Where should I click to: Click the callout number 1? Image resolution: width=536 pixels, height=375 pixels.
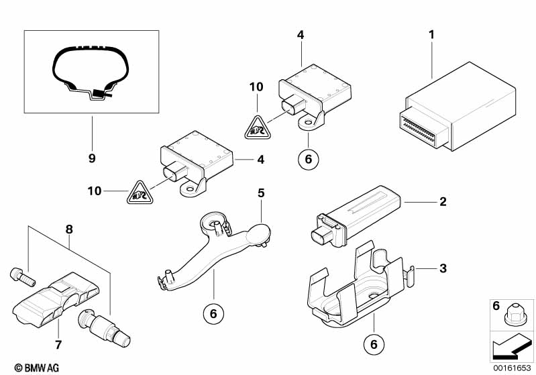click(432, 34)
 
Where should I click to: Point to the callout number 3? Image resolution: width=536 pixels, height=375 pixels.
click(442, 269)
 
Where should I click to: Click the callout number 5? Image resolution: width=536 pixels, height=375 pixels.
click(262, 193)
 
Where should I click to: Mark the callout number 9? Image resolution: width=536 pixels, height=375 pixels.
click(92, 158)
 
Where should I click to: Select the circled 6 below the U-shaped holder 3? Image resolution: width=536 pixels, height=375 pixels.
click(374, 344)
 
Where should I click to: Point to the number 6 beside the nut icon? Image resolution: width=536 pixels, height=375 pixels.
click(496, 306)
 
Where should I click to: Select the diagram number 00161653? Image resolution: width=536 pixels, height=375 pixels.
click(513, 368)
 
